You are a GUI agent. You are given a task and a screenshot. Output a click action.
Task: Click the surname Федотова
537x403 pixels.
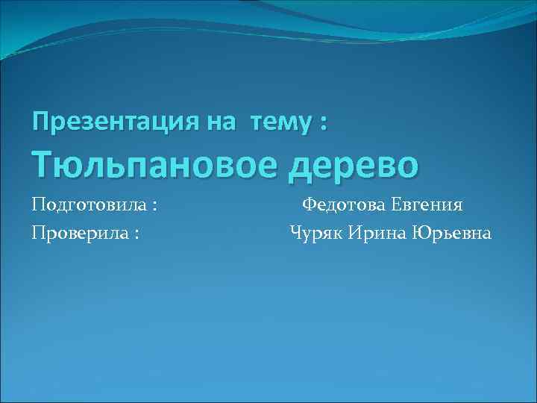coord(342,205)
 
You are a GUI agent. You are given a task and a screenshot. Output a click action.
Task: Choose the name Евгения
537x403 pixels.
coord(427,205)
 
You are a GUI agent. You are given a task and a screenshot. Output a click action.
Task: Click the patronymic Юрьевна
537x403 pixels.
coord(454,234)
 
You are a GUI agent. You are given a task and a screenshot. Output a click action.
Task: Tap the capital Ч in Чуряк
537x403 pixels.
coord(296,234)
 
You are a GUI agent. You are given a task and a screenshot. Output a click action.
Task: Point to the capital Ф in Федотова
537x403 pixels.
coord(308,204)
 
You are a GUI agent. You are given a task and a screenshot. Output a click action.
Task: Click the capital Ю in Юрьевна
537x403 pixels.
coord(425,234)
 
